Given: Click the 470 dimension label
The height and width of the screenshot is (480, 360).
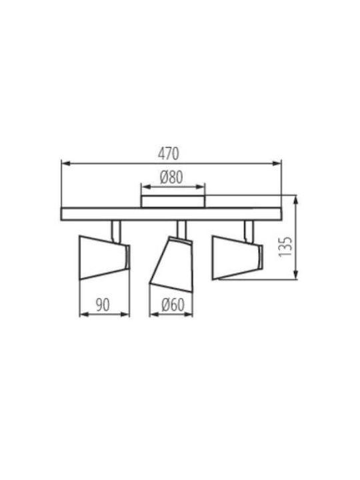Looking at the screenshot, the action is coord(169,154).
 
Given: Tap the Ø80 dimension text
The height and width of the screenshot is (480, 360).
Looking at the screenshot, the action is coord(171,177).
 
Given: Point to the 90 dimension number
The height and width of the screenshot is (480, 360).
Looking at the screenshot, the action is coord(103,305).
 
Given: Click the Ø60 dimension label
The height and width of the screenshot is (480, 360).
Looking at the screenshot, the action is coord(173,305).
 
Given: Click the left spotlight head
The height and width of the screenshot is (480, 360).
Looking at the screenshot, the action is coord(105,257).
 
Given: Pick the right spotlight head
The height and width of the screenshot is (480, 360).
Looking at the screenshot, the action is coord(238,257).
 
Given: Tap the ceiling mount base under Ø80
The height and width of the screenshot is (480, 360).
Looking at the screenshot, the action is coord(173,201).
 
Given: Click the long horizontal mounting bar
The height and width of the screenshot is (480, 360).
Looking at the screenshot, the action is coord(171,214).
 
